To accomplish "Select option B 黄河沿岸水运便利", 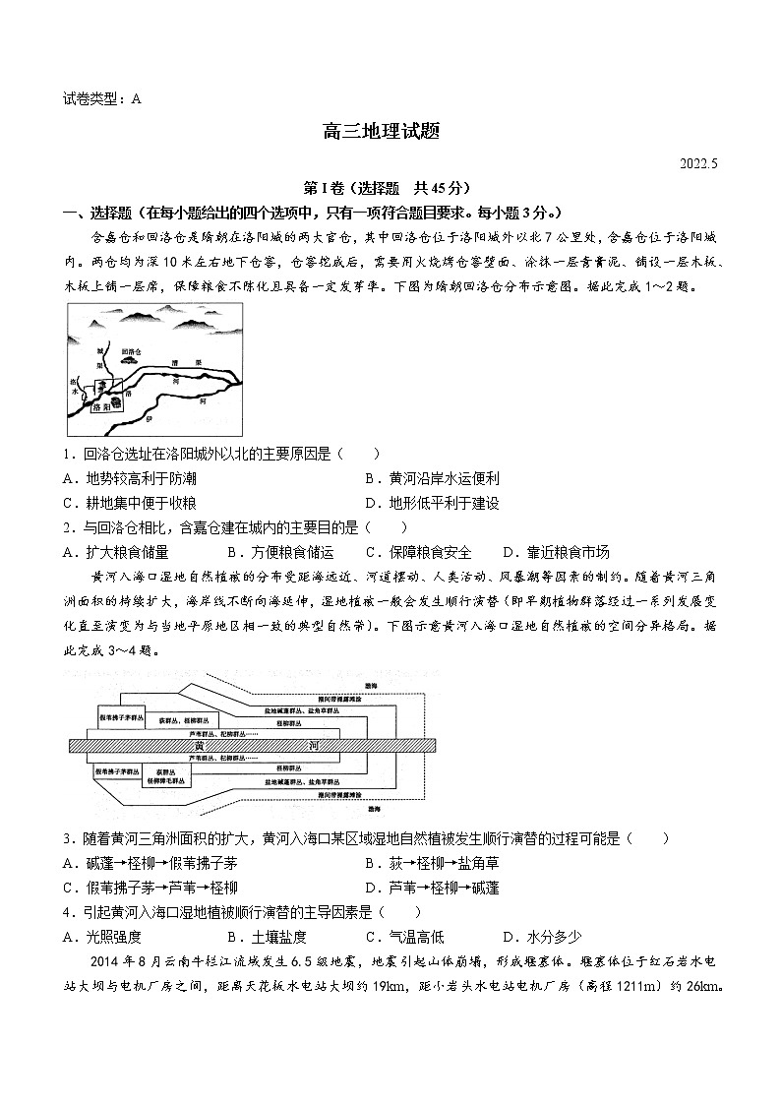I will pos(432,478).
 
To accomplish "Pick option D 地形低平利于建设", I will pos(432,503).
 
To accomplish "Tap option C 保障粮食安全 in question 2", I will pos(418,552).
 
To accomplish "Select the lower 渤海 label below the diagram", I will pos(375,808).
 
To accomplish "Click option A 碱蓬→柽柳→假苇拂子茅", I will pos(150,863).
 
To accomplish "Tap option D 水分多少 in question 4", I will pos(542,937).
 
